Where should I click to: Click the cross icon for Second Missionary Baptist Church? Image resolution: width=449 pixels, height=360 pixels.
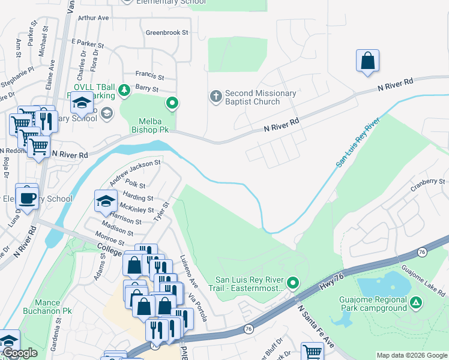pyautogui.click(x=215, y=96)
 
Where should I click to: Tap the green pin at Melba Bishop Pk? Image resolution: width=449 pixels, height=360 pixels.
pyautogui.click(x=172, y=103)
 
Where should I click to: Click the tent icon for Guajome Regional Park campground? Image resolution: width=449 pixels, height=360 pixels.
pyautogui.click(x=415, y=305)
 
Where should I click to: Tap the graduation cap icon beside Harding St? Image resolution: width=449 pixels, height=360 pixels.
pyautogui.click(x=106, y=201)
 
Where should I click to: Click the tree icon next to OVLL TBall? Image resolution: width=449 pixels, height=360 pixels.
pyautogui.click(x=124, y=90)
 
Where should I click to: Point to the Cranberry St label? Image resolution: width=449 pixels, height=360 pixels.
pyautogui.click(x=427, y=181)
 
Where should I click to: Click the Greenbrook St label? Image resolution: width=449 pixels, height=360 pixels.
pyautogui.click(x=167, y=32)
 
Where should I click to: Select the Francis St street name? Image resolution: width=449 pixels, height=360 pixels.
pyautogui.click(x=149, y=76)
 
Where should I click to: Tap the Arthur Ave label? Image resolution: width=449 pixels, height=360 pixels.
pyautogui.click(x=93, y=18)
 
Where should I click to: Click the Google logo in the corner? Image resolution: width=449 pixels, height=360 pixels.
pyautogui.click(x=19, y=353)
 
